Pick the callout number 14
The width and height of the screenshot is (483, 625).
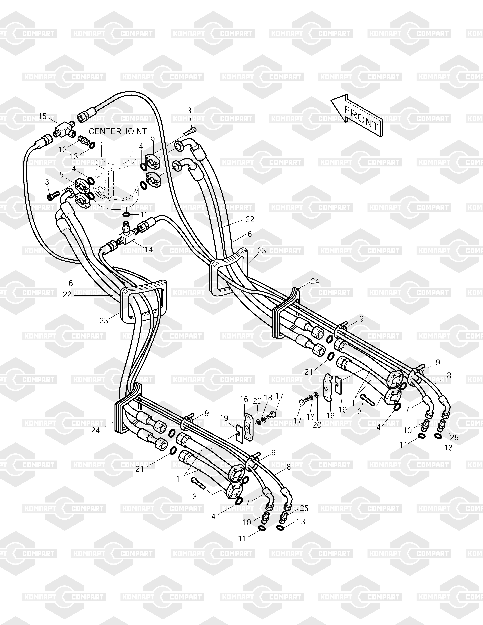(x=148, y=250)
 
